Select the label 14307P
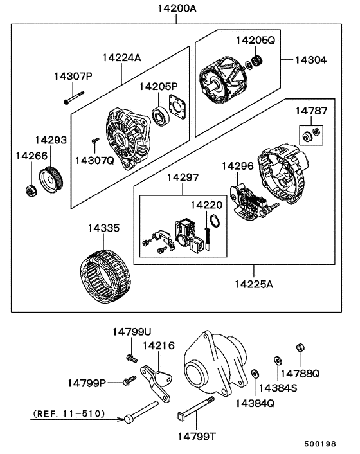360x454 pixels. [x=73, y=77]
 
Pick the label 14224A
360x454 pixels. [x=120, y=57]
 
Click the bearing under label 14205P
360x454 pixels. [x=159, y=118]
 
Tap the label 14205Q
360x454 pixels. [x=255, y=40]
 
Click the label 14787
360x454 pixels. [x=311, y=111]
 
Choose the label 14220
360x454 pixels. [x=206, y=204]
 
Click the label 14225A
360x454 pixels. [x=253, y=284]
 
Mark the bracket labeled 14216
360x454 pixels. [x=156, y=381]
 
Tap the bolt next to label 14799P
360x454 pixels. [x=129, y=381]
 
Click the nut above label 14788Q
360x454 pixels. [x=299, y=348]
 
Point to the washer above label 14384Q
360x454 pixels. [x=255, y=374]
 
